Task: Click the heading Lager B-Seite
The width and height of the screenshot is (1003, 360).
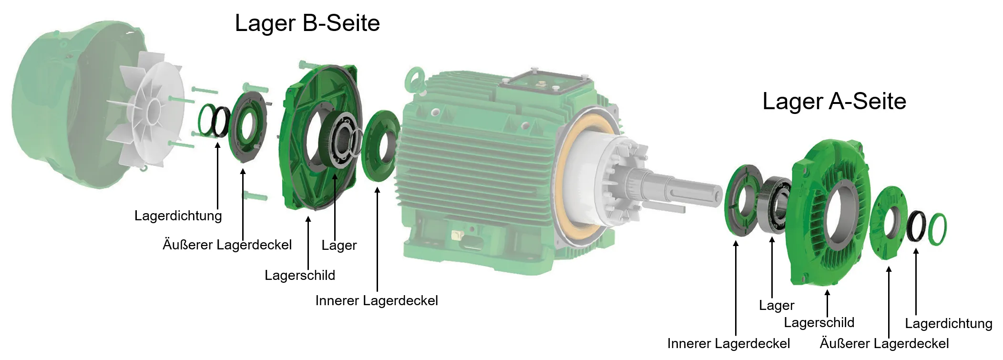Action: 307,23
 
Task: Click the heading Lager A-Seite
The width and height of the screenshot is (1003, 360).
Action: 834,102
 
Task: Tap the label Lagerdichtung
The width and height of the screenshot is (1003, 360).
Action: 178,216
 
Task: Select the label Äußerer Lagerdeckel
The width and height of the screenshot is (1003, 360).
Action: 227,245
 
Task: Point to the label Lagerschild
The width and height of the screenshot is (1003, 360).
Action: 300,276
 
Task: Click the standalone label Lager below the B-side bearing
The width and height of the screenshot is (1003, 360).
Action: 339,246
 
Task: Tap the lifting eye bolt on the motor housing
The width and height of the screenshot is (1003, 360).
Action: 413,79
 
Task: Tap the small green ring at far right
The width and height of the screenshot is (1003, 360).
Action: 938,229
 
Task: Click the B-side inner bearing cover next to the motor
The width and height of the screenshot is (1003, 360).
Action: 380,145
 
